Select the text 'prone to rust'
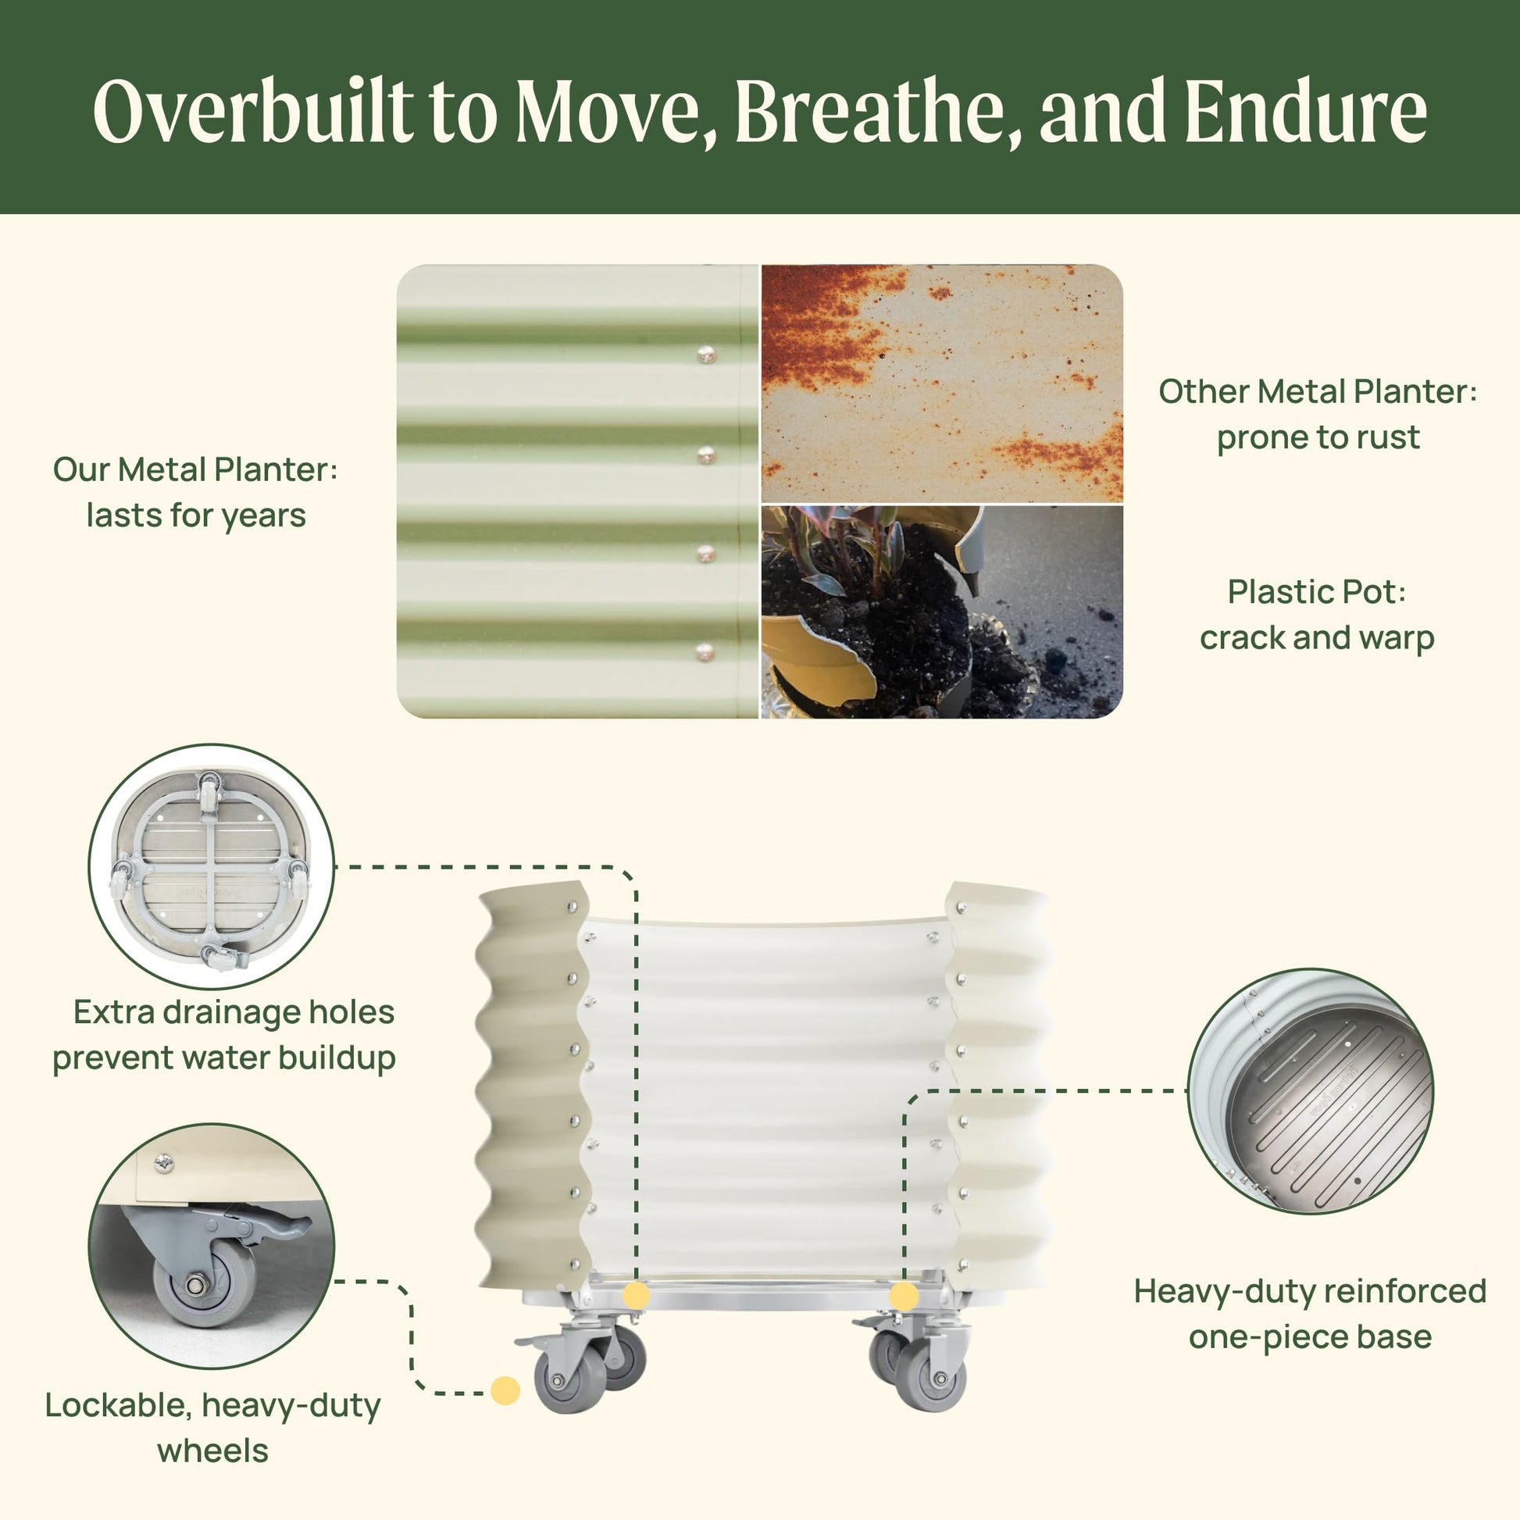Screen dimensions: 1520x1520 (1318, 437)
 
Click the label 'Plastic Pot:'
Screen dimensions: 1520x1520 (1317, 591)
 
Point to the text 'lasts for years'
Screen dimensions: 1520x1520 (196, 516)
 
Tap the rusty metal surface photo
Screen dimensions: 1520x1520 (942, 384)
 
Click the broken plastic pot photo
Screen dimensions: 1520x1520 (942, 612)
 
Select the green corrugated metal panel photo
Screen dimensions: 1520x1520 (577, 491)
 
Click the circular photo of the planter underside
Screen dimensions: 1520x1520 (212, 866)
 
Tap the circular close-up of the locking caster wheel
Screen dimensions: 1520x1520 (212, 1247)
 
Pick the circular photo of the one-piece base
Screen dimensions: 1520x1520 (1311, 1091)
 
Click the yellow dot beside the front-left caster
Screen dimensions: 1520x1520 (505, 1390)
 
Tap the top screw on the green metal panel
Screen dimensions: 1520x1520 (707, 355)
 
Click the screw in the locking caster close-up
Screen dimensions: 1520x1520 (164, 1164)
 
